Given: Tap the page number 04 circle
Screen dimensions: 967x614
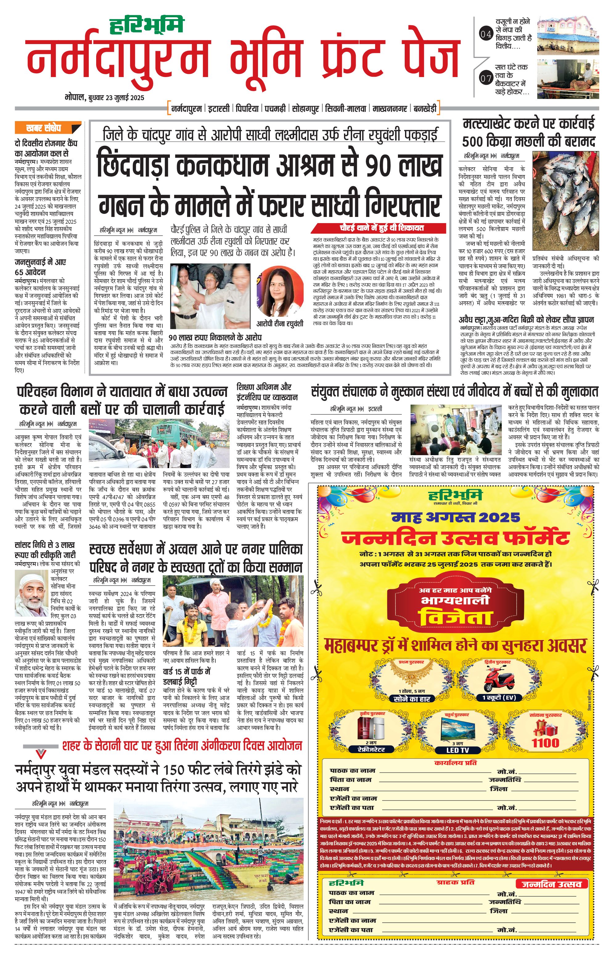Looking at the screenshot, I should click(485, 34).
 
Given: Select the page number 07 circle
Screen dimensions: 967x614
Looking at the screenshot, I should click(485, 79).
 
